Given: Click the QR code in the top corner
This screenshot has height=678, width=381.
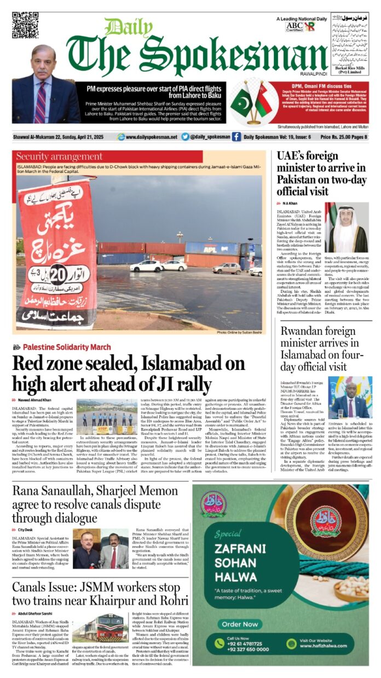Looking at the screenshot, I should (25, 25).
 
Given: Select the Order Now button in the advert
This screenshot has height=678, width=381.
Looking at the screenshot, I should (239, 624).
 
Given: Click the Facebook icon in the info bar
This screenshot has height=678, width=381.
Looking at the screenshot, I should (236, 137).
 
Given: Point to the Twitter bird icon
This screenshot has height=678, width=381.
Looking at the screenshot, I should (185, 137).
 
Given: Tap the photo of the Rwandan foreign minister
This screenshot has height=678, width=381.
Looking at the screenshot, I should (350, 397).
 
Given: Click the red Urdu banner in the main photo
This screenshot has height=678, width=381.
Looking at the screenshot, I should (56, 253).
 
